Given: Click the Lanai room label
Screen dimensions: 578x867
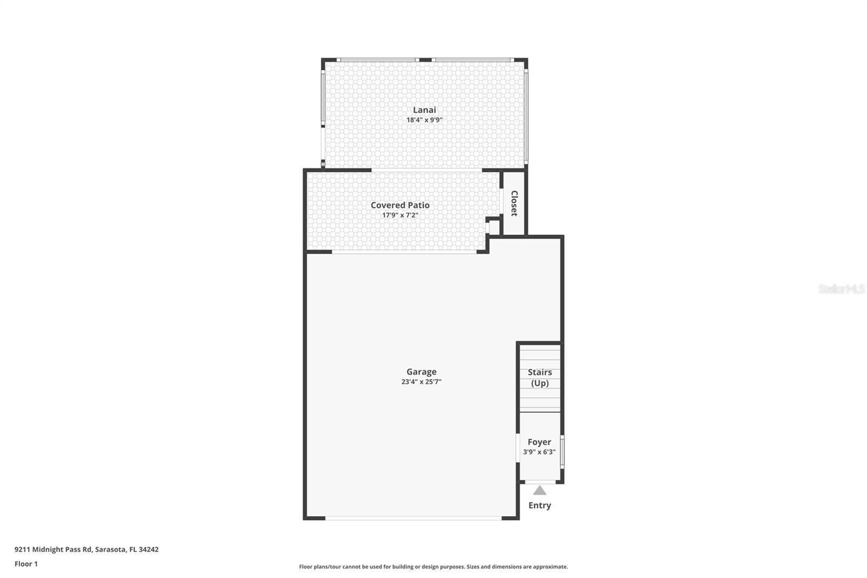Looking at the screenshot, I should (x=424, y=110).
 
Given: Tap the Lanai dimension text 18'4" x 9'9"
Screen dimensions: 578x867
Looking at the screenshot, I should (x=424, y=120).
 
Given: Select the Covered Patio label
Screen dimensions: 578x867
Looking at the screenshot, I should (x=400, y=205).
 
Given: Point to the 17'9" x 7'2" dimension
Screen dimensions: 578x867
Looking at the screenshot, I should (x=400, y=215).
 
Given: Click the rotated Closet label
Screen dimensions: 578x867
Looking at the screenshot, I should (x=514, y=203).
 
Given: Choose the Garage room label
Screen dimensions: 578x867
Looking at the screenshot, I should (x=421, y=371).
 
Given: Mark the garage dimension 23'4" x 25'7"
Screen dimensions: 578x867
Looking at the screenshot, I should (x=421, y=382).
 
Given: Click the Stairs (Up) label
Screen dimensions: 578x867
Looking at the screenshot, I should (x=540, y=377).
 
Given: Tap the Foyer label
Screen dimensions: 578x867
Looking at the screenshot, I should (x=539, y=442).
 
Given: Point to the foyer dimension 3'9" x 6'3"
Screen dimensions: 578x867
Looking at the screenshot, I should (x=539, y=452).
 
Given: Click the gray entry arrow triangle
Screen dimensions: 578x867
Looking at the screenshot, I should (x=539, y=491).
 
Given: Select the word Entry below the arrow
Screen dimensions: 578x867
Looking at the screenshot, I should (x=539, y=505).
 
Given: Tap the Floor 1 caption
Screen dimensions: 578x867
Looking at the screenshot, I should (x=26, y=564).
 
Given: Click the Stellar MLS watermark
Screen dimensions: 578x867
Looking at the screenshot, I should (x=841, y=289).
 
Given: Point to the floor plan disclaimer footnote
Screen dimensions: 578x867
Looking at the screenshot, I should (x=433, y=567).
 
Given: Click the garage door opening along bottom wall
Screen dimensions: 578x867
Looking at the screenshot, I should (x=413, y=518).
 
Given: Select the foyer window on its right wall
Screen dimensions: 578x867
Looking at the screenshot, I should (x=562, y=451).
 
